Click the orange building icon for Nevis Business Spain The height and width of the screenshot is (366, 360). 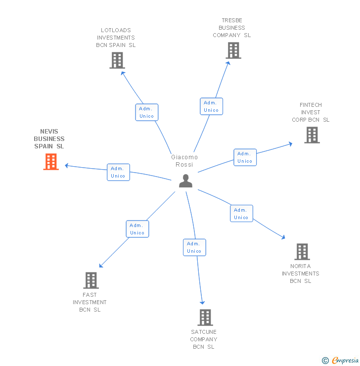pyautogui.click(x=51, y=161)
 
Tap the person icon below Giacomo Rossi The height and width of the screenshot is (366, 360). pyautogui.click(x=185, y=181)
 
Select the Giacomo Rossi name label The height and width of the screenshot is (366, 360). pyautogui.click(x=184, y=161)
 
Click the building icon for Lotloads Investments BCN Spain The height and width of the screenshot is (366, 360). pyautogui.click(x=117, y=60)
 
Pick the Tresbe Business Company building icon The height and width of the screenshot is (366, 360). pyautogui.click(x=233, y=50)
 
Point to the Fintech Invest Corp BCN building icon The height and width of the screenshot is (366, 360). pyautogui.click(x=312, y=135)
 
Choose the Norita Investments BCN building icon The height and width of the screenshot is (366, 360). pyautogui.click(x=302, y=251)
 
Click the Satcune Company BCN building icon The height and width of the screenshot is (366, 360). pyautogui.click(x=205, y=317)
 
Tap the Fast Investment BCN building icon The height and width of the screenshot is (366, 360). pyautogui.click(x=90, y=280)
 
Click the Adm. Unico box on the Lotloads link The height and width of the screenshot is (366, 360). pyautogui.click(x=146, y=112)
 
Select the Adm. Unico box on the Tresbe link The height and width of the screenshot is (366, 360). pyautogui.click(x=211, y=106)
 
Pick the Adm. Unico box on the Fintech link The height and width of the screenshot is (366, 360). pyautogui.click(x=245, y=157)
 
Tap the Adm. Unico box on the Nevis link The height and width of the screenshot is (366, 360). pyautogui.click(x=118, y=172)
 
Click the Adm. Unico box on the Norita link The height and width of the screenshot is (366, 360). pyautogui.click(x=241, y=214)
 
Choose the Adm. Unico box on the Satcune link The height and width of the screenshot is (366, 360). pyautogui.click(x=194, y=247)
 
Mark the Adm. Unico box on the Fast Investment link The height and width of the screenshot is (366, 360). pyautogui.click(x=137, y=229)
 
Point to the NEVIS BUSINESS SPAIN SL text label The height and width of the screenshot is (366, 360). pyautogui.click(x=49, y=139)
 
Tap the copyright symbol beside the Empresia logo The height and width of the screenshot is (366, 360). pyautogui.click(x=325, y=361)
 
